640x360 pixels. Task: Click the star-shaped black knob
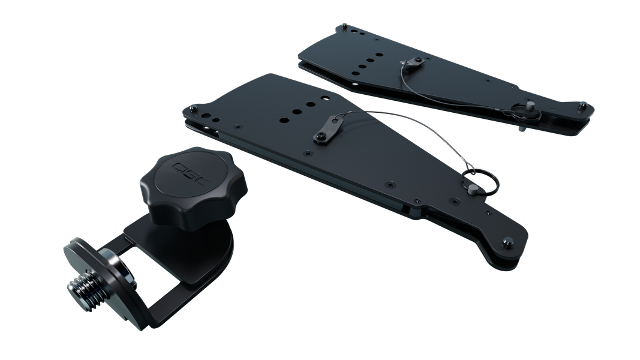click(194, 185)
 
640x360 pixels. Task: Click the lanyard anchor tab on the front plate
click(329, 129)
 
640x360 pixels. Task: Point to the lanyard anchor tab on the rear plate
click(413, 62)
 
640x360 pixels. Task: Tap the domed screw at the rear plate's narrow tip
click(583, 106)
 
